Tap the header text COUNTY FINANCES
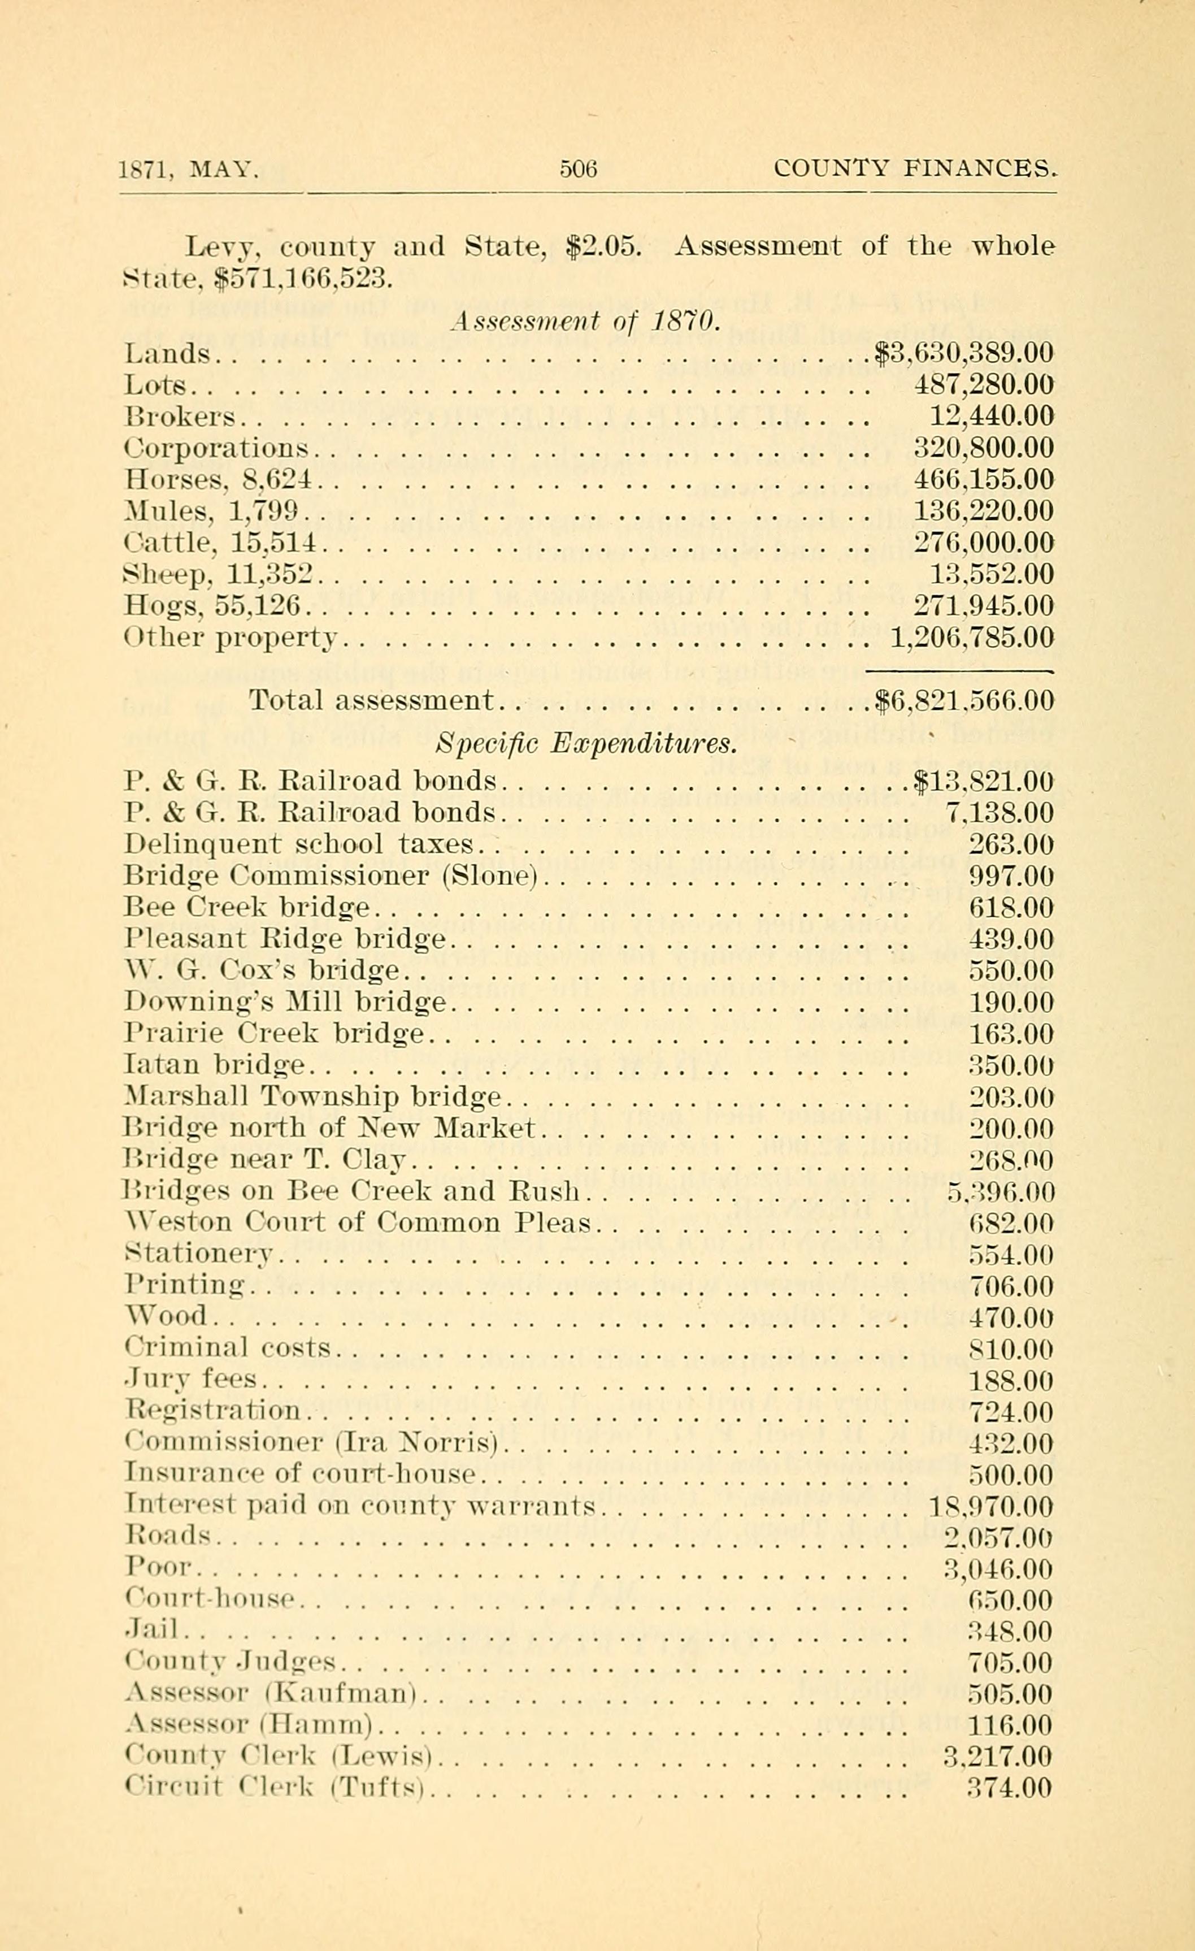click(x=914, y=168)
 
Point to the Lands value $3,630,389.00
click(x=964, y=353)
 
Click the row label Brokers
click(x=180, y=417)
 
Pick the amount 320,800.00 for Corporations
click(x=984, y=448)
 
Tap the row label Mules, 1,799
click(x=211, y=511)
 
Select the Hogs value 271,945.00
click(x=984, y=606)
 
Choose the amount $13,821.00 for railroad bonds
click(x=984, y=782)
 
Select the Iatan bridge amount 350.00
click(x=1011, y=1065)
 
